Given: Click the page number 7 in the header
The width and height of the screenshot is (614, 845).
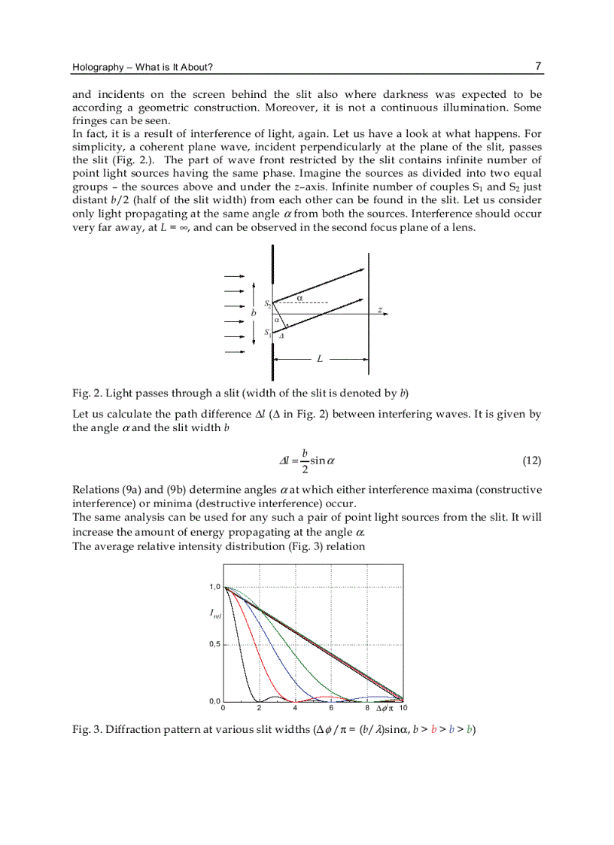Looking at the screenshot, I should coord(538,66).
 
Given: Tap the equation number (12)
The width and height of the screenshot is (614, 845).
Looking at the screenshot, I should coord(531,460).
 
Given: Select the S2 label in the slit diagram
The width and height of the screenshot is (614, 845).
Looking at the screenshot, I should coord(267,304).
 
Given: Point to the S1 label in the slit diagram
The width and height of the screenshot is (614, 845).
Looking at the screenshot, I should coord(267,332).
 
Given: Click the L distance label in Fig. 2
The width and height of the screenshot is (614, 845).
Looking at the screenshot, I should coord(320,360).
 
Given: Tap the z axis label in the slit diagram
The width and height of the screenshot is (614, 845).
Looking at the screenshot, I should coord(380,310).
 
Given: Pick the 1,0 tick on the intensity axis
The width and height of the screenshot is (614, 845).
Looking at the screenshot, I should coord(214,587).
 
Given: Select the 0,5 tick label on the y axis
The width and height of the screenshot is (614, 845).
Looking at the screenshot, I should coord(214,644).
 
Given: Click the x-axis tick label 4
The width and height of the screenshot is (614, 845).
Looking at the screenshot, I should coord(295,708).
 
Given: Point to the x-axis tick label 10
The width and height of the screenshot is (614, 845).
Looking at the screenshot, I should coord(402,708).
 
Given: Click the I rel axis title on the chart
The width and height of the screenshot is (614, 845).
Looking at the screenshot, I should coord(215,615).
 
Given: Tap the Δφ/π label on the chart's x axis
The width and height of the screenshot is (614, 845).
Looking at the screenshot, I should coord(385,708).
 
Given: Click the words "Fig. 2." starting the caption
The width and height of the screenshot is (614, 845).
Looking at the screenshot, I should coord(87,393).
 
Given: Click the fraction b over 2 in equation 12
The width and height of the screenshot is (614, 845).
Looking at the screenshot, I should coord(305,460).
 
